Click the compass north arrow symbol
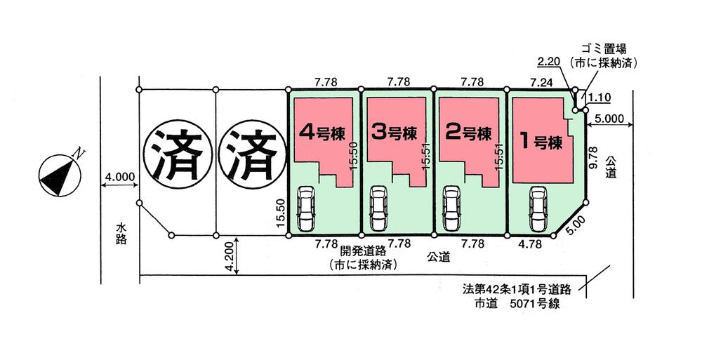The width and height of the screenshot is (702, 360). tap(59, 172)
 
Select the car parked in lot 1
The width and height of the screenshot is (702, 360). tap(538, 208)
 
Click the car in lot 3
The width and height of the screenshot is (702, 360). tap(378, 208)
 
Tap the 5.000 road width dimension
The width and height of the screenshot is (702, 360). tap(607, 119)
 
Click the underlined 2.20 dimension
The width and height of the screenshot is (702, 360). tap(548, 62)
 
